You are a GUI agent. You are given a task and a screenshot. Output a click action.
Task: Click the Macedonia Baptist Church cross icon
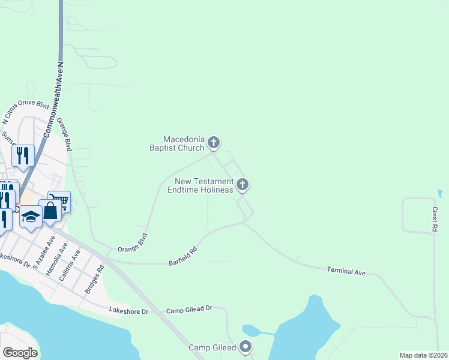[214, 143]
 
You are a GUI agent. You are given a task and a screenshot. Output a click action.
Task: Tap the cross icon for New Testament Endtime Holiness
[243, 184]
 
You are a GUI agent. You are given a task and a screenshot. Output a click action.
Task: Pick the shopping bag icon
[50, 210]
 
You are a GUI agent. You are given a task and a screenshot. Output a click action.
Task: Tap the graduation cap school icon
[31, 217]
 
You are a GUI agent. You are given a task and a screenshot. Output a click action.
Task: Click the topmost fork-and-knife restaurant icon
[23, 155]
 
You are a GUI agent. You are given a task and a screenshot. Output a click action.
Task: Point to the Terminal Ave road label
[346, 272]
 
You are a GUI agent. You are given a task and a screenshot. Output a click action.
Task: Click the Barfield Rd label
[183, 257]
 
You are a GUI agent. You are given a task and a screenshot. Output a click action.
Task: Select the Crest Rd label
[434, 220]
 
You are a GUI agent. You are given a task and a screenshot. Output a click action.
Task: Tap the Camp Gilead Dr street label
[190, 308]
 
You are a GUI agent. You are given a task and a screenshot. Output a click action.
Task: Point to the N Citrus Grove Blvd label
[26, 113]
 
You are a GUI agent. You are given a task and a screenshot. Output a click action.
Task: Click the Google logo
[20, 352]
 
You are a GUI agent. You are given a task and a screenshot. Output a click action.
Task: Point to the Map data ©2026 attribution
[424, 355]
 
